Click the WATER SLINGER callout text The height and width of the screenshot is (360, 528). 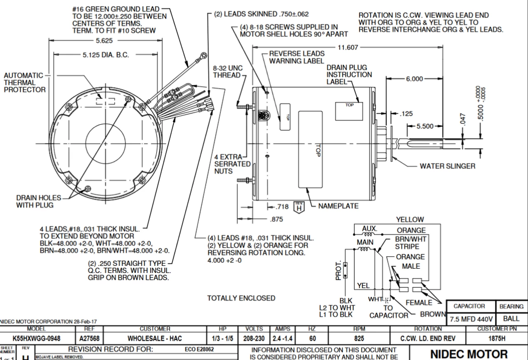click(x=447, y=166)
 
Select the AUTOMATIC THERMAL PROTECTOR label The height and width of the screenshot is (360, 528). click(x=25, y=83)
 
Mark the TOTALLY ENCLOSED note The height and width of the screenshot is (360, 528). click(x=241, y=298)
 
